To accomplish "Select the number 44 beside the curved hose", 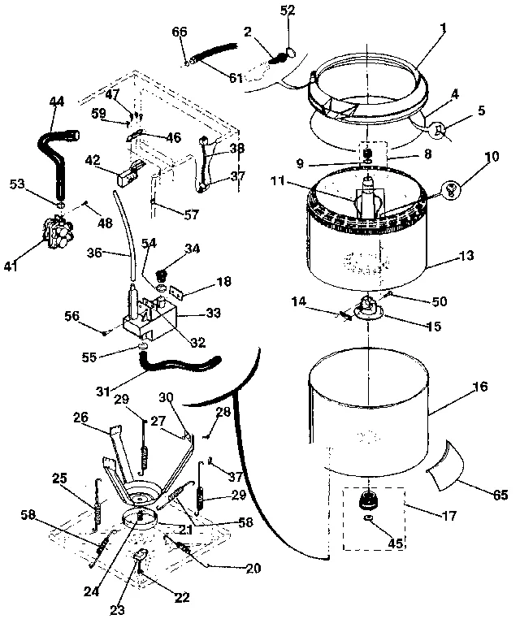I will [x=56, y=102].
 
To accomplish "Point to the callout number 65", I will [x=499, y=494].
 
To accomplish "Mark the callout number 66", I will [x=180, y=32].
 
